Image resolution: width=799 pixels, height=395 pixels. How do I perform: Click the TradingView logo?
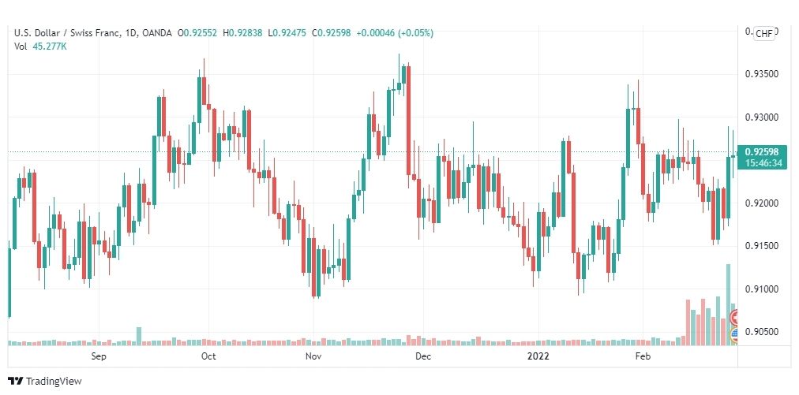click(45, 381)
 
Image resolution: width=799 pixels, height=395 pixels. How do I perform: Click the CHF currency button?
click(764, 33)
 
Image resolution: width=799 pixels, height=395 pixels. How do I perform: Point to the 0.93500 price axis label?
click(761, 74)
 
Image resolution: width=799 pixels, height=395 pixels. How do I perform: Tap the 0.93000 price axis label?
click(761, 117)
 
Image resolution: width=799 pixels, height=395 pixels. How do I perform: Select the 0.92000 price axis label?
click(761, 203)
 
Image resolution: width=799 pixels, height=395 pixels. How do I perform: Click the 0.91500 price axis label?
click(761, 246)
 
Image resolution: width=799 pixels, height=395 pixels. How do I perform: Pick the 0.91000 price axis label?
click(761, 289)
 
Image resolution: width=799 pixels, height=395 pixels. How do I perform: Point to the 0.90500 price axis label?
click(761, 332)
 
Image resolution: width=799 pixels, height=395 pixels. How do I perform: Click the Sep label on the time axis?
click(99, 356)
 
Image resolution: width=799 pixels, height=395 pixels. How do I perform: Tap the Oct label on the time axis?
click(208, 356)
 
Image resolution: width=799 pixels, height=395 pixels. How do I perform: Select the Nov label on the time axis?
click(313, 356)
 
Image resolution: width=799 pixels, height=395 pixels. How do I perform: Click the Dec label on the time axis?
click(423, 356)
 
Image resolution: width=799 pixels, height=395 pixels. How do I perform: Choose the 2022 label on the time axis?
click(538, 356)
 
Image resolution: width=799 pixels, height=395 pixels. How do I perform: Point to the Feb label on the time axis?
click(643, 356)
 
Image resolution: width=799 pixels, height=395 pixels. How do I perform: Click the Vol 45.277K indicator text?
click(40, 47)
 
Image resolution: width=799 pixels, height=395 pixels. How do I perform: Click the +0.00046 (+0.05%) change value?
click(395, 33)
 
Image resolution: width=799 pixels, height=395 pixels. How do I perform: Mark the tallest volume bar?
click(728, 304)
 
